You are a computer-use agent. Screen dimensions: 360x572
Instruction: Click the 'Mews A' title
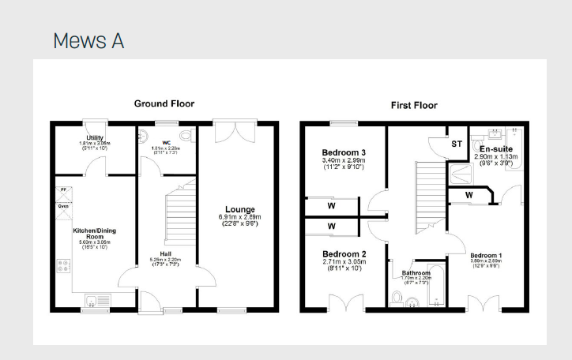point(88,41)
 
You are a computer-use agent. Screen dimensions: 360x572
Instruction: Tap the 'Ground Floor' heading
point(164,103)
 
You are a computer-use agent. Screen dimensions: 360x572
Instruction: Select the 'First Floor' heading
point(413,105)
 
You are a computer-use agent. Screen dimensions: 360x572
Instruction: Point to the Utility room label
point(95,137)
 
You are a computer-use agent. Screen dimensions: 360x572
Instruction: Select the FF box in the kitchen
point(62,191)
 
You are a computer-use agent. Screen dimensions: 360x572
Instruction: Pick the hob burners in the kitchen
point(62,266)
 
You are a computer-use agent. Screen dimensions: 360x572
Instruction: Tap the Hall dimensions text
point(164,262)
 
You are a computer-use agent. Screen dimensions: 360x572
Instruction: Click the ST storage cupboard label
point(457,144)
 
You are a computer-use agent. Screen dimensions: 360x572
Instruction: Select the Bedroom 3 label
point(344,152)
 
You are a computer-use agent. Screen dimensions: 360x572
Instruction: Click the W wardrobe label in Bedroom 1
point(469,194)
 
